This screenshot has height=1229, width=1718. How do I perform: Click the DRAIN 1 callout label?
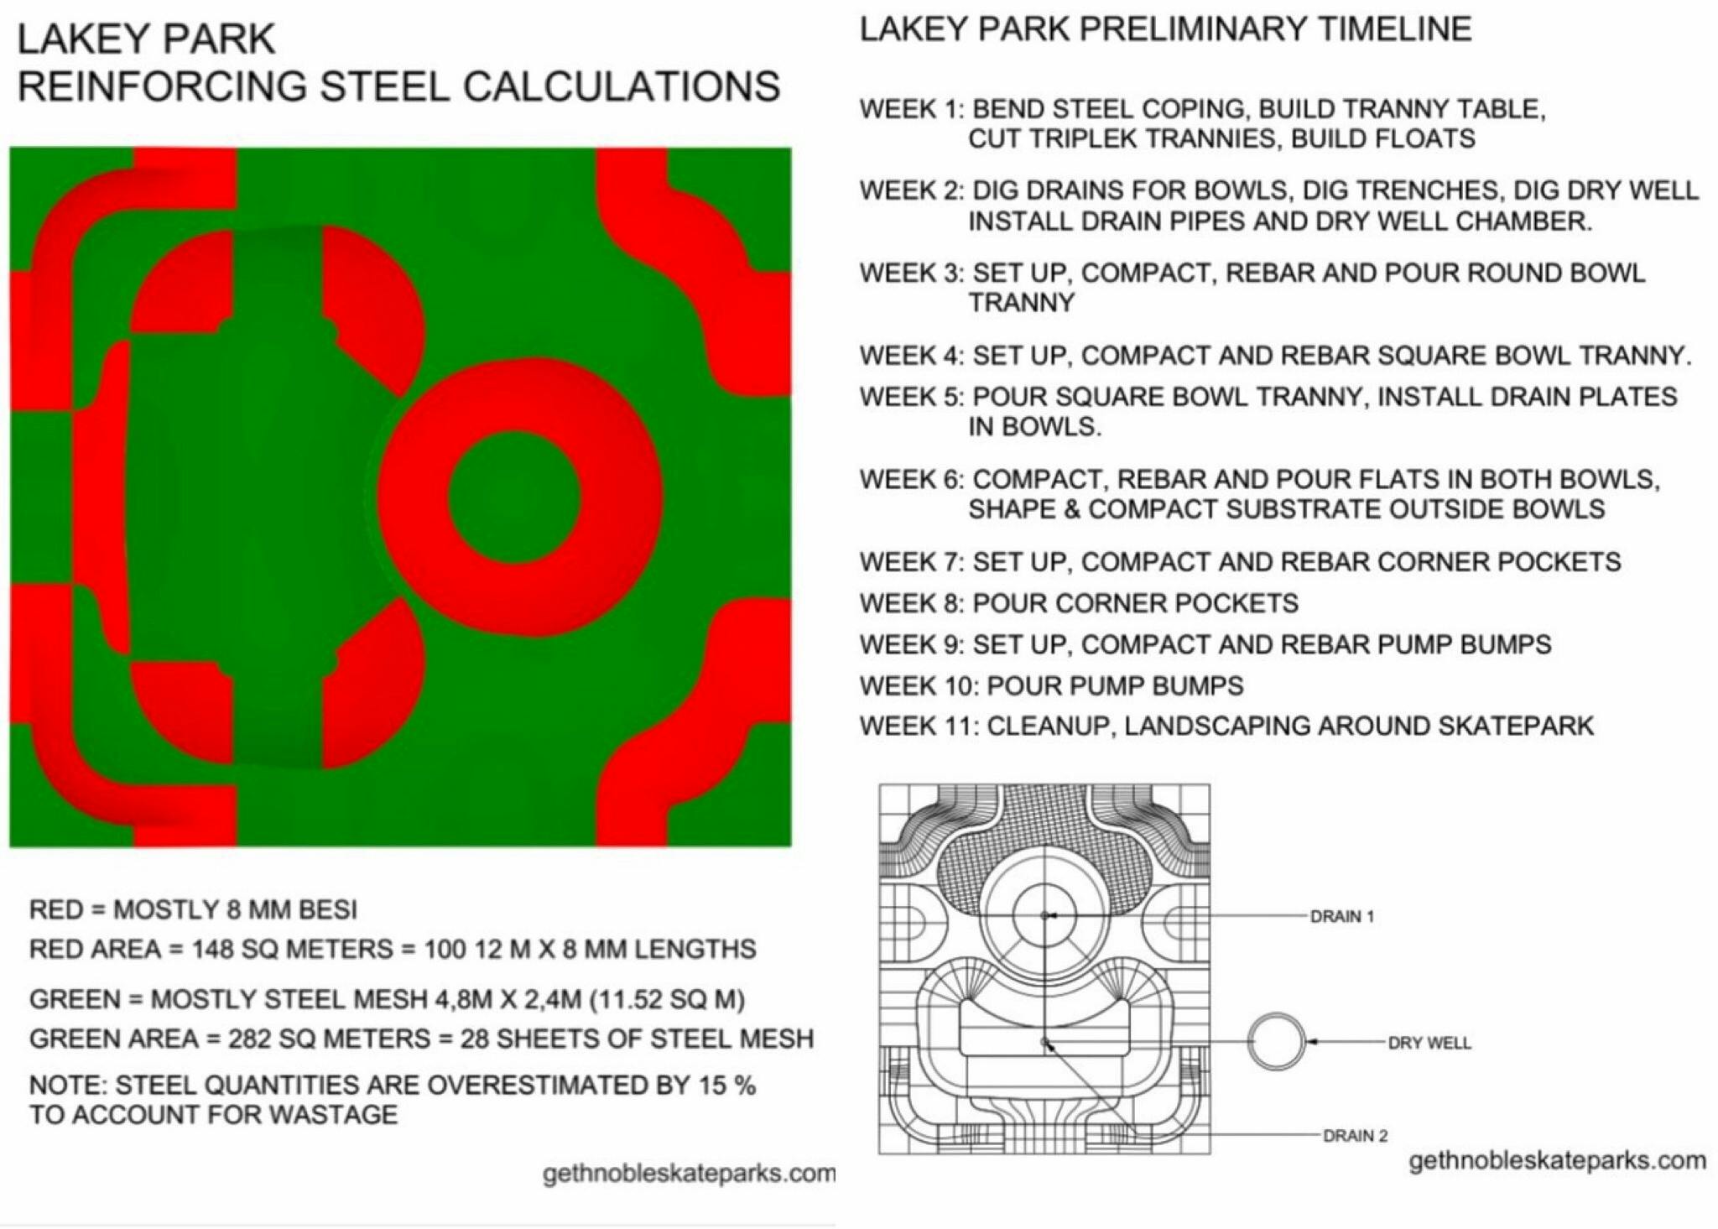(x=1342, y=916)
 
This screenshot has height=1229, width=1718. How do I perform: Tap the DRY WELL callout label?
(x=1429, y=1043)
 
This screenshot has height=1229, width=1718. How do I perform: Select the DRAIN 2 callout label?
(x=1355, y=1136)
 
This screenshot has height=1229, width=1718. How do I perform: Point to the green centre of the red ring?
(x=513, y=497)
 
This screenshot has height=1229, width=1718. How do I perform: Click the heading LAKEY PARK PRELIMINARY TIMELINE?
(x=1165, y=29)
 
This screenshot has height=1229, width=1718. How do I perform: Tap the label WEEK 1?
(x=912, y=109)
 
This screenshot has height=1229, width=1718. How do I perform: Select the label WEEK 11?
(x=919, y=726)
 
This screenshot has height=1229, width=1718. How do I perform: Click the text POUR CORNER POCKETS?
(x=1135, y=603)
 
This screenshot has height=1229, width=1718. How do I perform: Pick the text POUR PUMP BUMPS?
(x=1115, y=685)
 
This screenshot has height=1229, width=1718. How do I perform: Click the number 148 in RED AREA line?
(x=213, y=949)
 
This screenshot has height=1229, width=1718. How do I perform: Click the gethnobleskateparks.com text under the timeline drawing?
(x=1557, y=1161)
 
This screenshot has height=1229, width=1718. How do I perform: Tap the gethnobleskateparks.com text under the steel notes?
(x=689, y=1174)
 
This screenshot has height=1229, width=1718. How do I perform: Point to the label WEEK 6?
(x=912, y=480)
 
